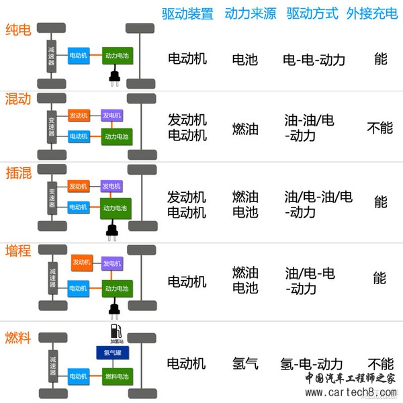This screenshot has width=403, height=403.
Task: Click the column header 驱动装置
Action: [187, 14]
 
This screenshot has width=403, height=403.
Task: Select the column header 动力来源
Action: [250, 14]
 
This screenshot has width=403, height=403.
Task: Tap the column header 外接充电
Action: [371, 14]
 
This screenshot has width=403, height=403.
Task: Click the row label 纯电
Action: [17, 30]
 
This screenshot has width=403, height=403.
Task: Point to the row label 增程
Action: [18, 256]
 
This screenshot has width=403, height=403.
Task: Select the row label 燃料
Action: [18, 337]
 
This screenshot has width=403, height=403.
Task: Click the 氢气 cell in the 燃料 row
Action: [245, 363]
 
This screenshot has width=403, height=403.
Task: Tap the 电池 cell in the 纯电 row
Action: [245, 59]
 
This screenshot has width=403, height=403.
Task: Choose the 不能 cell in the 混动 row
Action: [380, 127]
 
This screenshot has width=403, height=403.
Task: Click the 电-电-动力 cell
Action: [314, 59]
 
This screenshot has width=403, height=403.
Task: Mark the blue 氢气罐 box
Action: [108, 353]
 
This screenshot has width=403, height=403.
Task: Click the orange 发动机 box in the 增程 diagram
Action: [81, 262]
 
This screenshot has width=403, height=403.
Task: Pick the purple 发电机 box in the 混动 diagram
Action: [111, 116]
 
